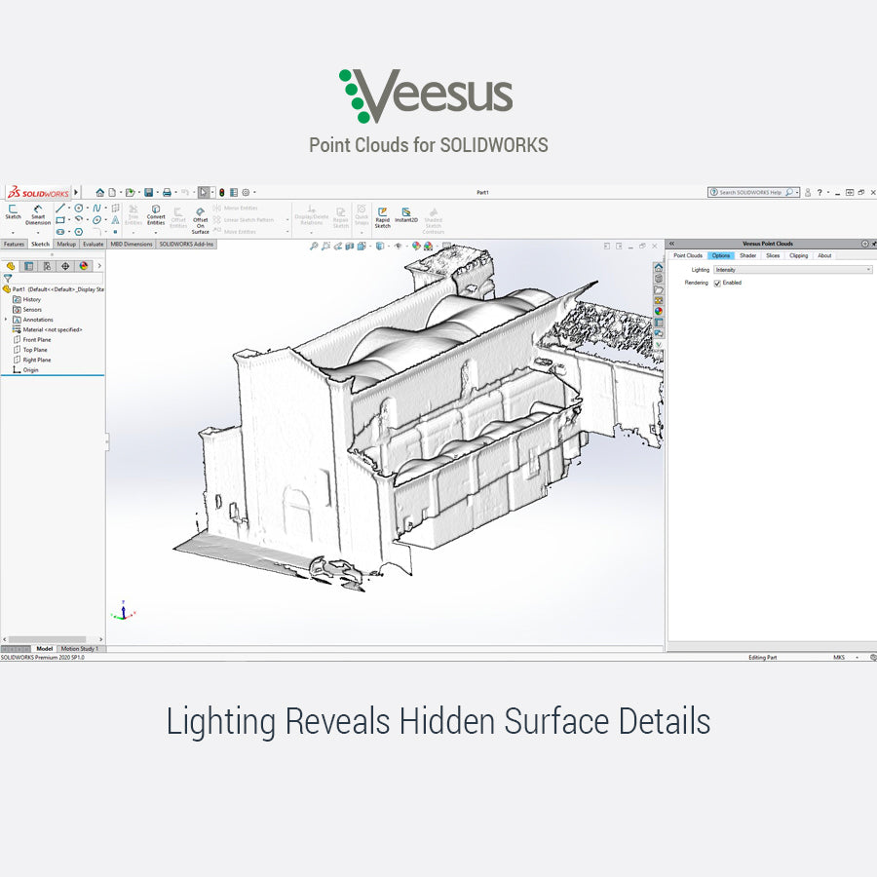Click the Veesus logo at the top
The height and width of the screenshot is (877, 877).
tap(426, 95)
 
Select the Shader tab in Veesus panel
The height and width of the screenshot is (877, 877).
tap(747, 255)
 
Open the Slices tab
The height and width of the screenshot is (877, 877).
tap(773, 255)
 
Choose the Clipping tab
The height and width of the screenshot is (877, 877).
tap(798, 255)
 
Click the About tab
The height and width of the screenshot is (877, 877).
tap(824, 255)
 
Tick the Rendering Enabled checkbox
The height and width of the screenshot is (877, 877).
tap(717, 283)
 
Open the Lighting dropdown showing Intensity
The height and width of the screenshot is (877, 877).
tap(792, 269)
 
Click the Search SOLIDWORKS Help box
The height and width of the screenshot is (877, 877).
tap(750, 193)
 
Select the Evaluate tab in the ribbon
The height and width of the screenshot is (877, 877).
tap(94, 244)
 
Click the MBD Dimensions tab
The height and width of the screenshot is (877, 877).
tap(131, 244)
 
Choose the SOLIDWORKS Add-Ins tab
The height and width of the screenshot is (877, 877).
tap(186, 244)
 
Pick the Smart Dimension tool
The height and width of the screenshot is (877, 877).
tap(38, 214)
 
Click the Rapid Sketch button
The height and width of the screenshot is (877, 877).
tap(382, 215)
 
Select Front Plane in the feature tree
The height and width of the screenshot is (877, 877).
tap(36, 340)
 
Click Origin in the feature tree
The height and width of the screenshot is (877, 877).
tap(30, 370)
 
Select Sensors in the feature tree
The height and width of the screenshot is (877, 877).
tap(32, 309)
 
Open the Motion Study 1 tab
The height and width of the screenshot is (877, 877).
tap(79, 648)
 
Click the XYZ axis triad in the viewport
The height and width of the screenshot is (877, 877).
tap(121, 612)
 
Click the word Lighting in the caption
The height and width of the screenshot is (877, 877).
tap(221, 722)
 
